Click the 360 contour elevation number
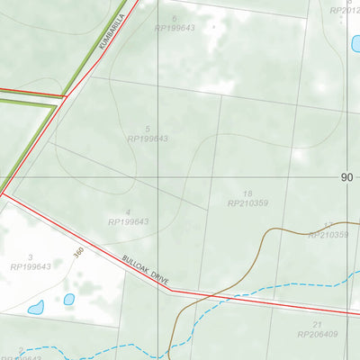pos(78,255)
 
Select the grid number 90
pos(347,177)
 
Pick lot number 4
pos(129,211)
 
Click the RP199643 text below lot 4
pos(129,221)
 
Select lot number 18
pos(247,193)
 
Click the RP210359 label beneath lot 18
pos(248,203)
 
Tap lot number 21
pos(317,324)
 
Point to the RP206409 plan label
pos(317,334)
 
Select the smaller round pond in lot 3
pos(69,299)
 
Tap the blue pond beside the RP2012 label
pos(355,42)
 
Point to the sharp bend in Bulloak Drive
pos(171,292)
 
